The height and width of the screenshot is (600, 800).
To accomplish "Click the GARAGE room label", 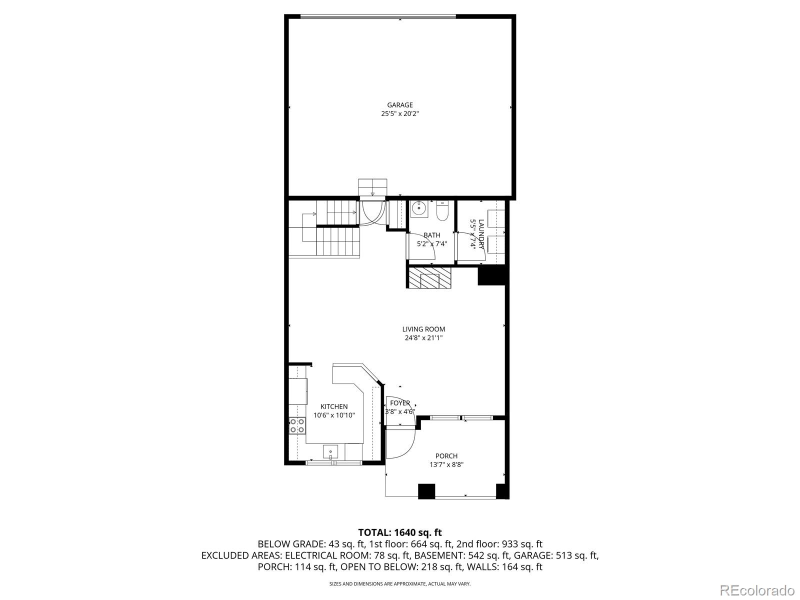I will [399, 105].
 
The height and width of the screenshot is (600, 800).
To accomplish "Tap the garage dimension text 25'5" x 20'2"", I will [399, 114].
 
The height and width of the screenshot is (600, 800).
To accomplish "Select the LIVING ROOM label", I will [423, 329].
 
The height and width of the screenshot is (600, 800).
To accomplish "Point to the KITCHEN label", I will [334, 406].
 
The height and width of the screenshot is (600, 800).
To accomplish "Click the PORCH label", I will [446, 456].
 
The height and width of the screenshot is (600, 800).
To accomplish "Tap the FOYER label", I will [400, 403].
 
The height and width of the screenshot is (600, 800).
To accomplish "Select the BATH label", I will [432, 235].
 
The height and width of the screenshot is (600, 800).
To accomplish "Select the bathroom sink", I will [418, 209].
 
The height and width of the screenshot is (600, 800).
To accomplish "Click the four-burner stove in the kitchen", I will [297, 425].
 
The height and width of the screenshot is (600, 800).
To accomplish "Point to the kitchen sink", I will [330, 452].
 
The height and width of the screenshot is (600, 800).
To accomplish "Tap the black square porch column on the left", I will [426, 491].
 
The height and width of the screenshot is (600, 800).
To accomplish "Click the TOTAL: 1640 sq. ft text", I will [399, 532].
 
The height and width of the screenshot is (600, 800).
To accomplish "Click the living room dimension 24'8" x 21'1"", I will [423, 338].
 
